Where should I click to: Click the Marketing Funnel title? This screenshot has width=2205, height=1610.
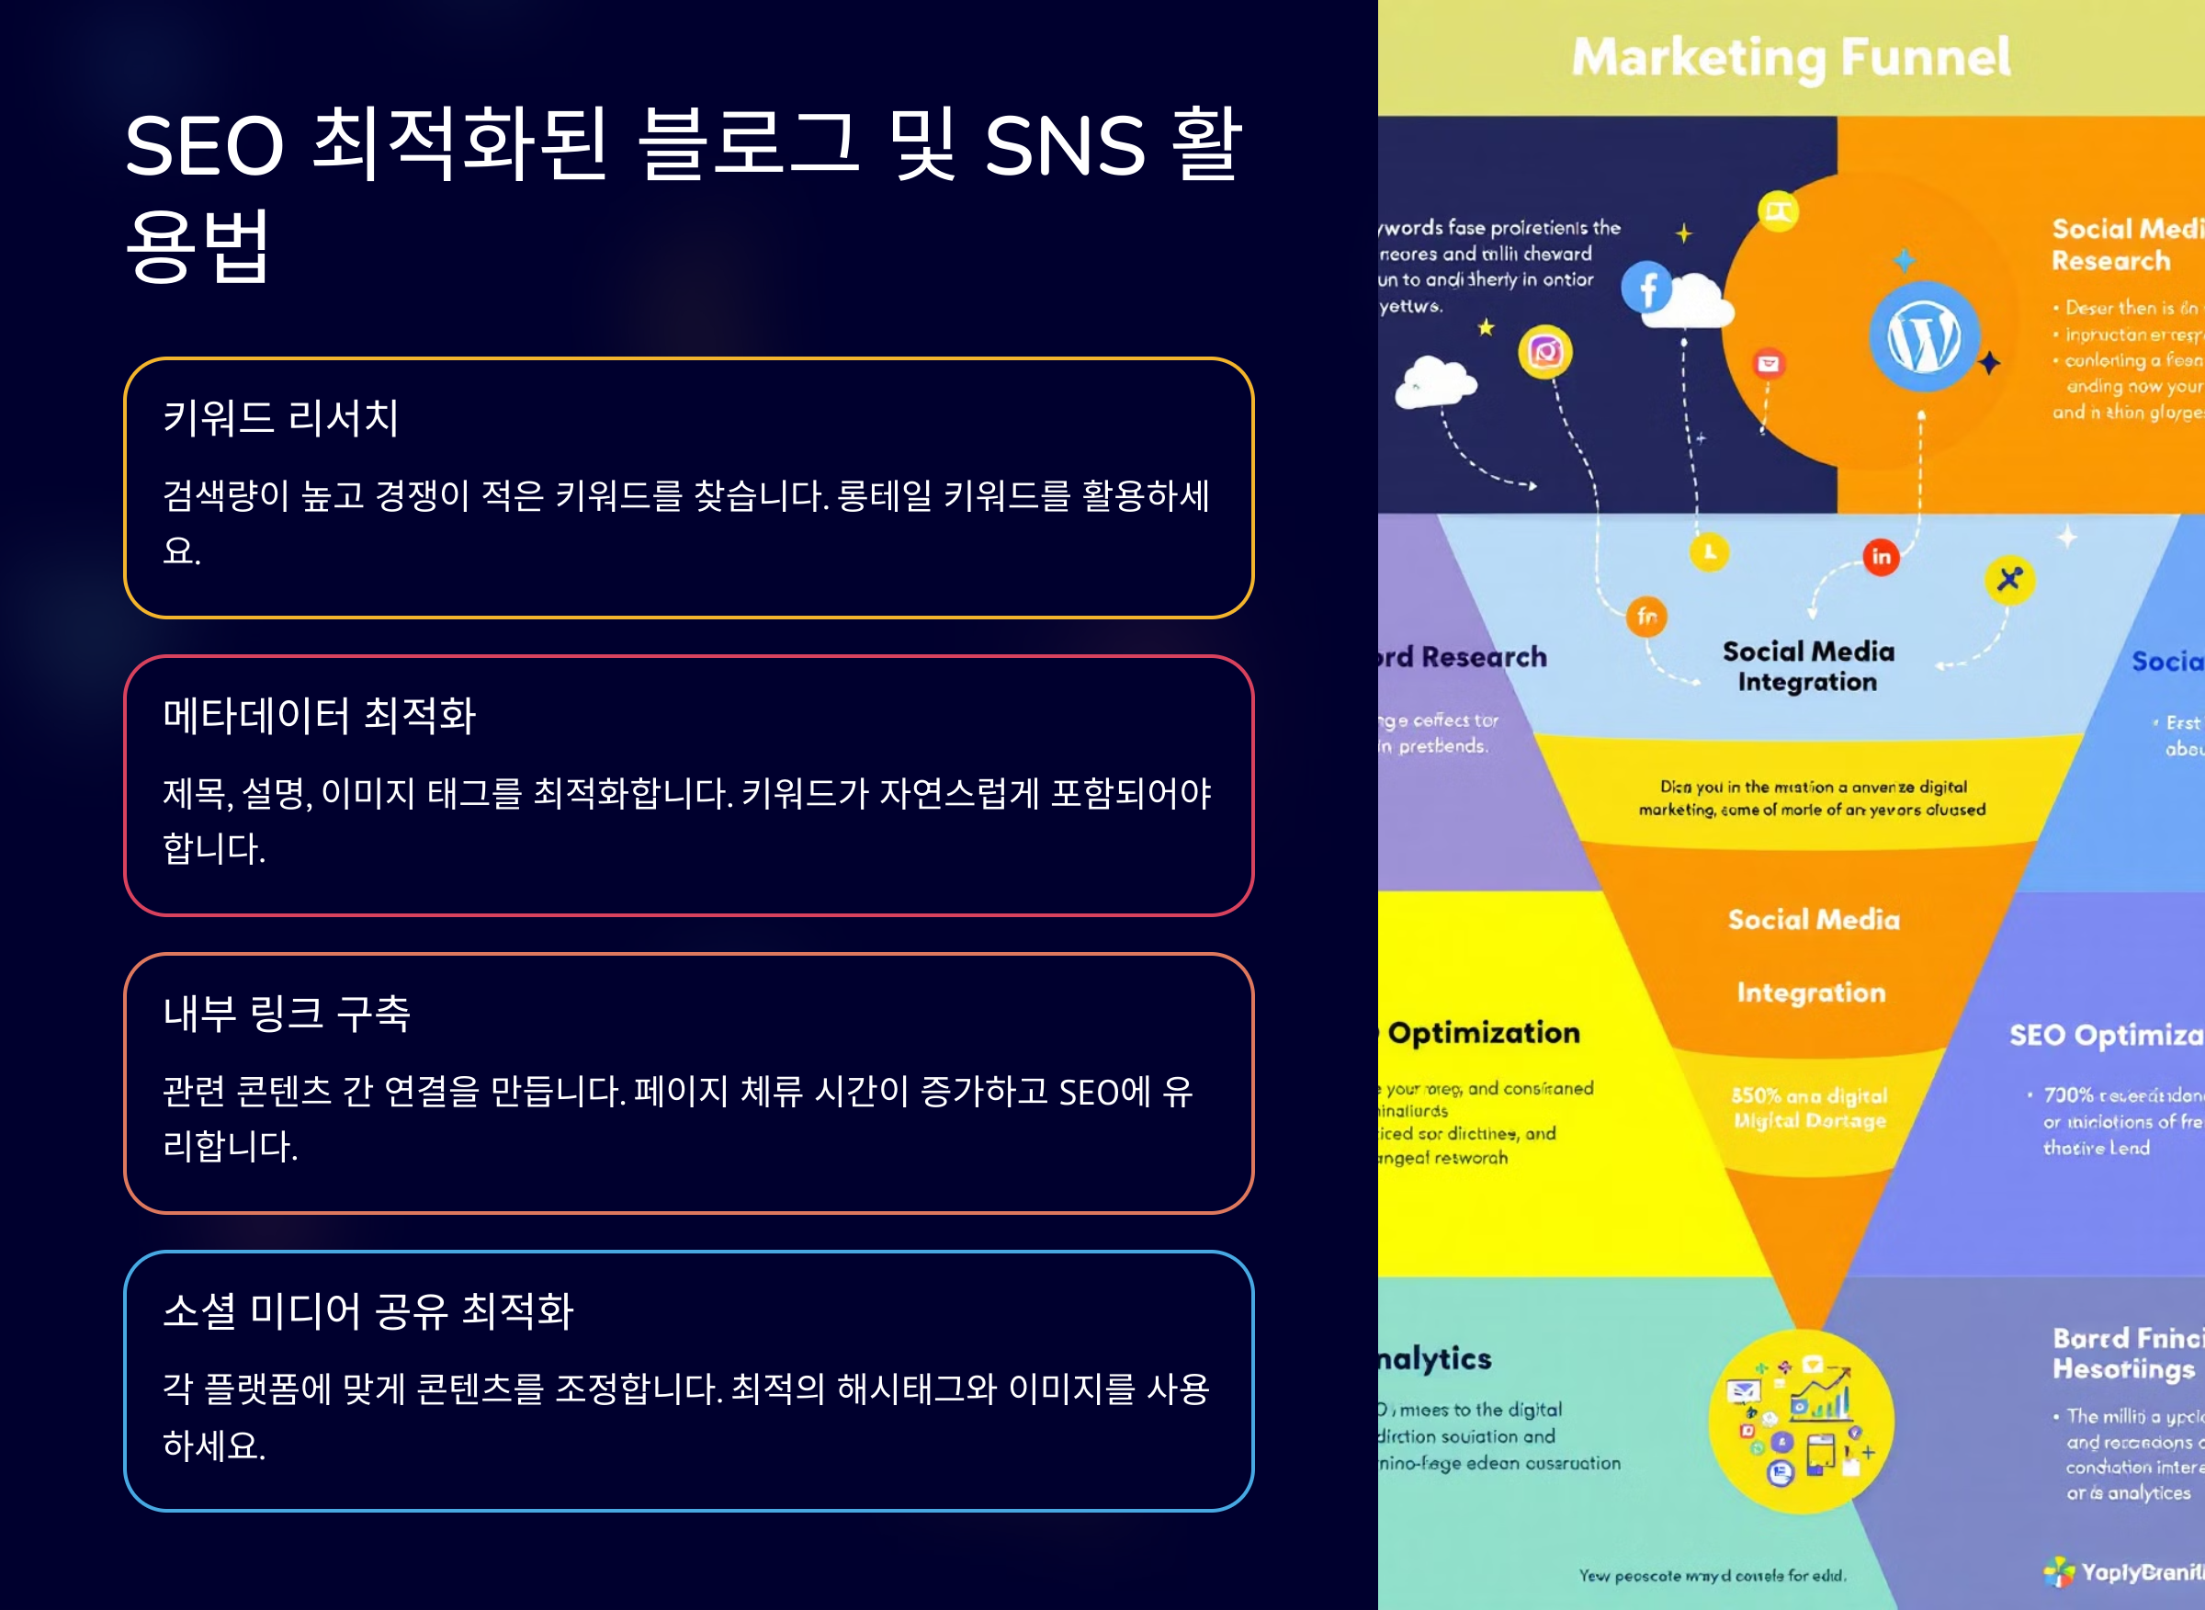(1791, 57)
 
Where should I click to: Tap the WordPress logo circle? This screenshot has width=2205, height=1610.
(1924, 336)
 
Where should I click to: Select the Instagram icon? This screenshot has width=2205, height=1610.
(1545, 351)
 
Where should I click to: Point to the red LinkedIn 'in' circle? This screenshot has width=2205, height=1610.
(1881, 557)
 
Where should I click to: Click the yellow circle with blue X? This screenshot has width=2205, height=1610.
(2009, 579)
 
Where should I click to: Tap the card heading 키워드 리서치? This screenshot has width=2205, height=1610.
(280, 418)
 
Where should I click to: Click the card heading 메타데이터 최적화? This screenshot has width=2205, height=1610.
(320, 715)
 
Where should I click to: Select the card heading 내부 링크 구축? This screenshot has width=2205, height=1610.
(287, 1013)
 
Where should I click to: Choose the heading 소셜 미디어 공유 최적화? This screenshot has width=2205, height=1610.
(368, 1310)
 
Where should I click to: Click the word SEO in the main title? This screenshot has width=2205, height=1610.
(205, 146)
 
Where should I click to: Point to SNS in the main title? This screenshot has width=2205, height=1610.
(1065, 146)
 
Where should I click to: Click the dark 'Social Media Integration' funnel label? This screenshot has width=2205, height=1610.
(1808, 666)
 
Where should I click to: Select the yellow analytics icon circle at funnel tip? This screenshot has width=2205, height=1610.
(1802, 1421)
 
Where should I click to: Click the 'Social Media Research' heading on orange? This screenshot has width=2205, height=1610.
(2124, 244)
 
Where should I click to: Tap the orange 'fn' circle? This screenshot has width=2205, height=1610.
(1646, 616)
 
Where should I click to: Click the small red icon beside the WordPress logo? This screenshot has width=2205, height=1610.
(1769, 365)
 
